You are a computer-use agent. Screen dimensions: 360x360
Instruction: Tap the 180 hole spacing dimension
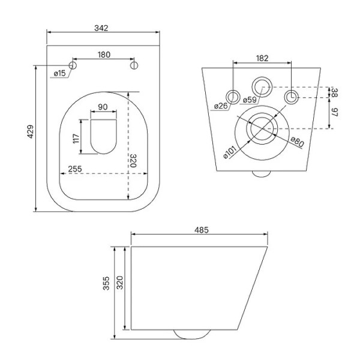104,55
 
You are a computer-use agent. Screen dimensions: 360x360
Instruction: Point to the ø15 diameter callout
59,73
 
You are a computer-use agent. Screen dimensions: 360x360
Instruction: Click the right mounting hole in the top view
134,65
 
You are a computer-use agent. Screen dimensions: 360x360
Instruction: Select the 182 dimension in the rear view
262,58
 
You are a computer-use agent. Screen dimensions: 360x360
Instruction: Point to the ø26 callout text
220,106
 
